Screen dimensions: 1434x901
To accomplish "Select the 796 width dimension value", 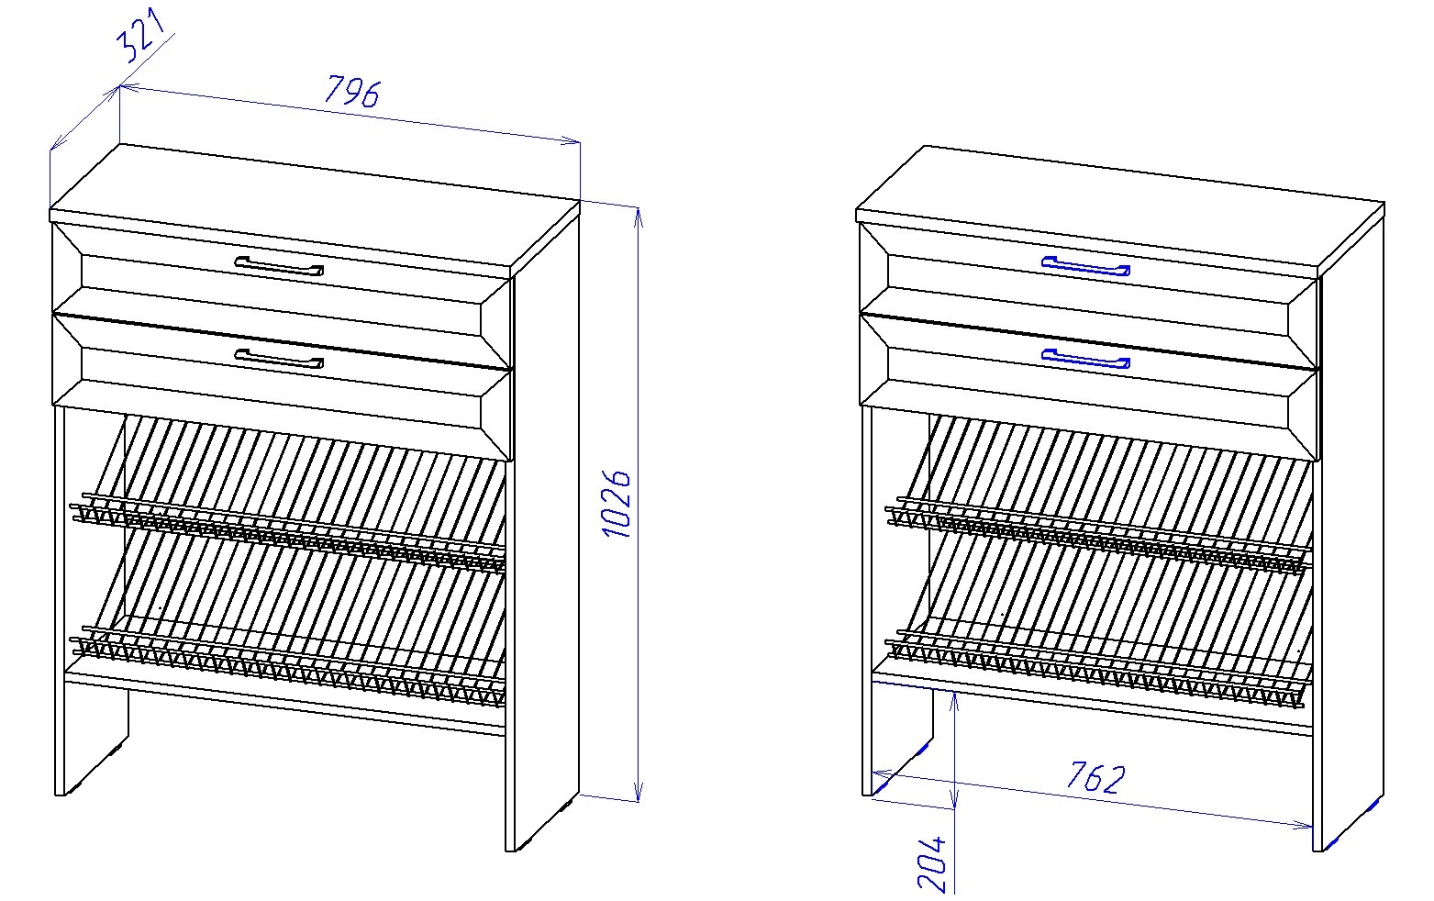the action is (352, 91).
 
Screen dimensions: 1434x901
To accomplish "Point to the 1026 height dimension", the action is (616, 504).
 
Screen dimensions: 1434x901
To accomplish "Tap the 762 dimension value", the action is (1095, 777).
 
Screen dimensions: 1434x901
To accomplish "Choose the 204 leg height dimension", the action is (931, 864).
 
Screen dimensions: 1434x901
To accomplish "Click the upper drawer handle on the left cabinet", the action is (279, 266).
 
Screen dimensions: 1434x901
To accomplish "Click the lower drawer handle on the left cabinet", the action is (279, 359).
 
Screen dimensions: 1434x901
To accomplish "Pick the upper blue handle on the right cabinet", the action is (1085, 266).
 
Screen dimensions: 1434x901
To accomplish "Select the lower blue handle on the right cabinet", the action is (1085, 359).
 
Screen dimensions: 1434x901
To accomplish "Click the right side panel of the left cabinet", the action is (545, 531).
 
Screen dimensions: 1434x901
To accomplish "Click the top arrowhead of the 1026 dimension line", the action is (638, 217).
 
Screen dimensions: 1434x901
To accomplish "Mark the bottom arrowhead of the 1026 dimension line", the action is (638, 792).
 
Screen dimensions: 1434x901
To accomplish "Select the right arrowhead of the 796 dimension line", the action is (571, 141).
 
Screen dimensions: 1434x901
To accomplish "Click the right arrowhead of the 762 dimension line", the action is (1304, 826).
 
